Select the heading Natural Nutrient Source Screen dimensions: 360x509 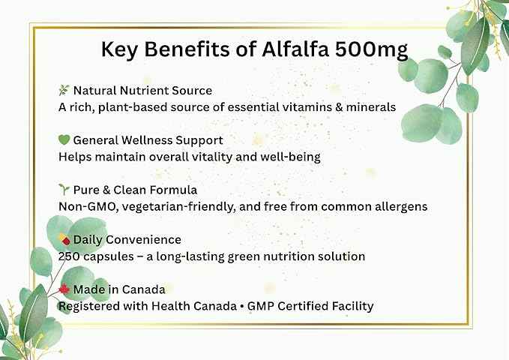point(142,91)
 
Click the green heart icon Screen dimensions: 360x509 point(64,140)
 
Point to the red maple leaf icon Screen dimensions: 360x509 point(64,289)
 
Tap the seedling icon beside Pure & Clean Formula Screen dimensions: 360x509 point(64,190)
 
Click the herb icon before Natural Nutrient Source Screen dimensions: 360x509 point(64,91)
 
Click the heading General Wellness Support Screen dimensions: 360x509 point(148,140)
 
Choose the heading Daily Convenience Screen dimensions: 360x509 point(127,240)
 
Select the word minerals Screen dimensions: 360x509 point(370,107)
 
